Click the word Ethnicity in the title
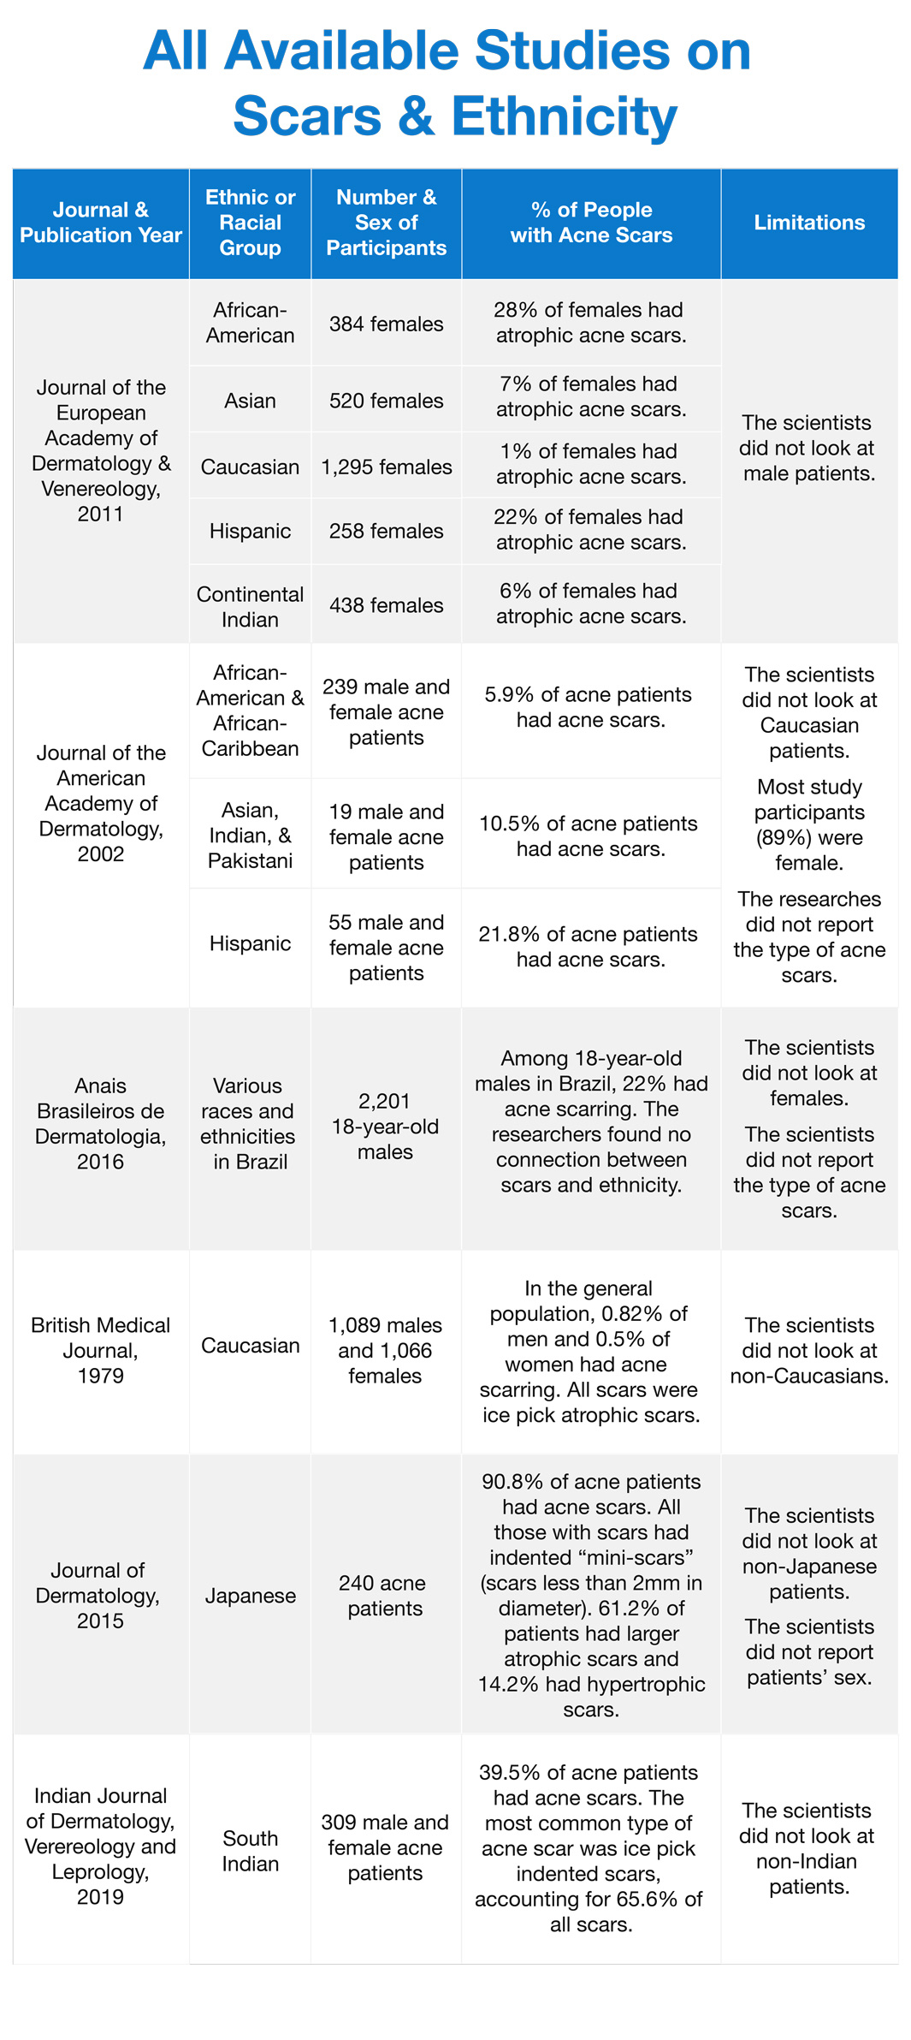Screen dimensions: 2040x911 564,116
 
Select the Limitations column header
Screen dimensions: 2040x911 808,223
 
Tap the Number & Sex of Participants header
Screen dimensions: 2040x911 386,223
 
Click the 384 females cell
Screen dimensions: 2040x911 386,324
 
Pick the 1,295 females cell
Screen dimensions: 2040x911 386,467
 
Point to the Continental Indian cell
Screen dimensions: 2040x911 250,606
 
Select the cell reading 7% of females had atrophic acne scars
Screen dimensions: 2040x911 590,396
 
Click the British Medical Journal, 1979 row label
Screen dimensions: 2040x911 101,1350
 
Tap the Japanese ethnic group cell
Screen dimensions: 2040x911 250,1595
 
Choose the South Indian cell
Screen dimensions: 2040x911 250,1850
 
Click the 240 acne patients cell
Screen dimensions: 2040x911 385,1595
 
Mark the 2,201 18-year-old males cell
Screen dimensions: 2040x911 385,1126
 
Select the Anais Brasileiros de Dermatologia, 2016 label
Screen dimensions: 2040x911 101,1123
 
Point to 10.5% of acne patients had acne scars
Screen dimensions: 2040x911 590,836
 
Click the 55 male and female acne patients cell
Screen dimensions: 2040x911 386,947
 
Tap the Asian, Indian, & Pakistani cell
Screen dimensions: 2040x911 250,835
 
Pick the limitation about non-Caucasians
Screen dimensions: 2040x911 808,1350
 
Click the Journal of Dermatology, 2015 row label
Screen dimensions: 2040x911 101,1595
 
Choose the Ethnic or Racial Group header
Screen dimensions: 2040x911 250,223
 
